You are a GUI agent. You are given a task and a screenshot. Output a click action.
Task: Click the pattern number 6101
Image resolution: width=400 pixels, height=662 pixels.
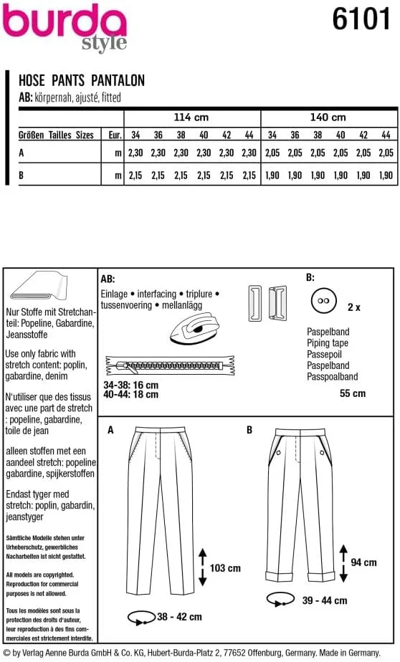(361, 19)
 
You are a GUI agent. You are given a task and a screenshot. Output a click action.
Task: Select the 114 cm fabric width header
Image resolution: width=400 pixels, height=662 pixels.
(191, 117)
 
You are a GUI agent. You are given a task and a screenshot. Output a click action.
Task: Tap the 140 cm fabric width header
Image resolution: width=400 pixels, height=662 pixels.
(328, 117)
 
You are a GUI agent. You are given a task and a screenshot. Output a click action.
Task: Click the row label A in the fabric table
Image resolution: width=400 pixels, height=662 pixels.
(21, 153)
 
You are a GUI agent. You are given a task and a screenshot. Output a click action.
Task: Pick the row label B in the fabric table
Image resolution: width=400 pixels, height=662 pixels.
(21, 175)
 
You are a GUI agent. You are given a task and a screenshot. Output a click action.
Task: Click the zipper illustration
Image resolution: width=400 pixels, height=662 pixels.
(170, 365)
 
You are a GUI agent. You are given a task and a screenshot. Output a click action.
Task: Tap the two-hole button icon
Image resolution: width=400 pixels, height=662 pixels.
(323, 301)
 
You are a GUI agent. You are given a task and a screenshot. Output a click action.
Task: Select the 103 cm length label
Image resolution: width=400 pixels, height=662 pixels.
(225, 568)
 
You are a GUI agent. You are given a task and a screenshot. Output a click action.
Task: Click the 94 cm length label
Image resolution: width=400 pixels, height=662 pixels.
(363, 562)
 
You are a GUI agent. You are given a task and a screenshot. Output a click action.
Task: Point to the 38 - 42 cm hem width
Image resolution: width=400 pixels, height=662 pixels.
(179, 617)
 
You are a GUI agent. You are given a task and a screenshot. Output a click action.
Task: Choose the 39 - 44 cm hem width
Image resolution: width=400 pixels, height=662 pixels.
(325, 600)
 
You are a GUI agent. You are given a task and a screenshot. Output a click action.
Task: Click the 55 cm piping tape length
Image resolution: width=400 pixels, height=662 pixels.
(353, 393)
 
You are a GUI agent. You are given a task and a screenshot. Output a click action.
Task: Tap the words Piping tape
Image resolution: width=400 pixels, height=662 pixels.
(328, 343)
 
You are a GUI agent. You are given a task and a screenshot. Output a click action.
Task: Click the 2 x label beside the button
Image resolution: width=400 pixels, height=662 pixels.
(354, 307)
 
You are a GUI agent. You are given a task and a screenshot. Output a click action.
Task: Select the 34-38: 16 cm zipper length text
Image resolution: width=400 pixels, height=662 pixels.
(131, 385)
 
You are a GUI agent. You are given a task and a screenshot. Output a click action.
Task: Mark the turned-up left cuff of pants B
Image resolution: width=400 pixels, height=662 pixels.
(276, 576)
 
